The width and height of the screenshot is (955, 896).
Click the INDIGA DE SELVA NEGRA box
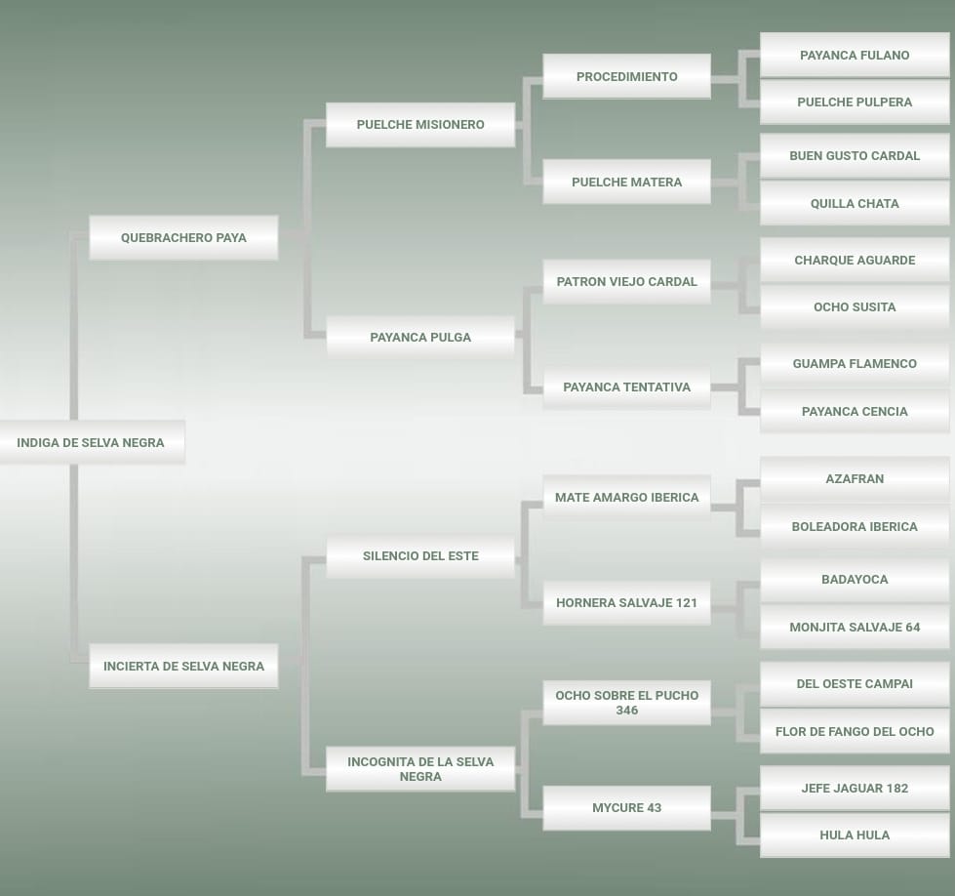91,442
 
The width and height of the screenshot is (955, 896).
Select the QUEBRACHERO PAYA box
183,237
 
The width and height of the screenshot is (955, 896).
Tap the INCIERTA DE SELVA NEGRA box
183,666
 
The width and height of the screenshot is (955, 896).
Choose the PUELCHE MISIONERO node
420,124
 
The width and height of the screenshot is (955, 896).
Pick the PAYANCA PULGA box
420,337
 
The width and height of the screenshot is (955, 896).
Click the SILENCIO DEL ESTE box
420,555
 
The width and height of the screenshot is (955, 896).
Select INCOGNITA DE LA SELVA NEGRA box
420,769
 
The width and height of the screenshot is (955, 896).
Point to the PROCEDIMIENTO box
626,76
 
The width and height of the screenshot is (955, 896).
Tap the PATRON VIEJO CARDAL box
626,281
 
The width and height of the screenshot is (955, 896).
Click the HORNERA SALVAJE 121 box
626,602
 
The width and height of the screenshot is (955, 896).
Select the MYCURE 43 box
626,807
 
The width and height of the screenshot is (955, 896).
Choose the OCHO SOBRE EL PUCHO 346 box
626,703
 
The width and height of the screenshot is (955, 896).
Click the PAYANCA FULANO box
855,55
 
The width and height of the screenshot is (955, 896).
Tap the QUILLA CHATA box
855,203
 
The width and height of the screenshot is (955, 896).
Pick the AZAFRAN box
855,478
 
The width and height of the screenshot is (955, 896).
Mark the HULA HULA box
855,835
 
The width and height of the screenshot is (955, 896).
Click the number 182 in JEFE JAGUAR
895,788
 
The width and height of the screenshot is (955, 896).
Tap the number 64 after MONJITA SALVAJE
911,627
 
